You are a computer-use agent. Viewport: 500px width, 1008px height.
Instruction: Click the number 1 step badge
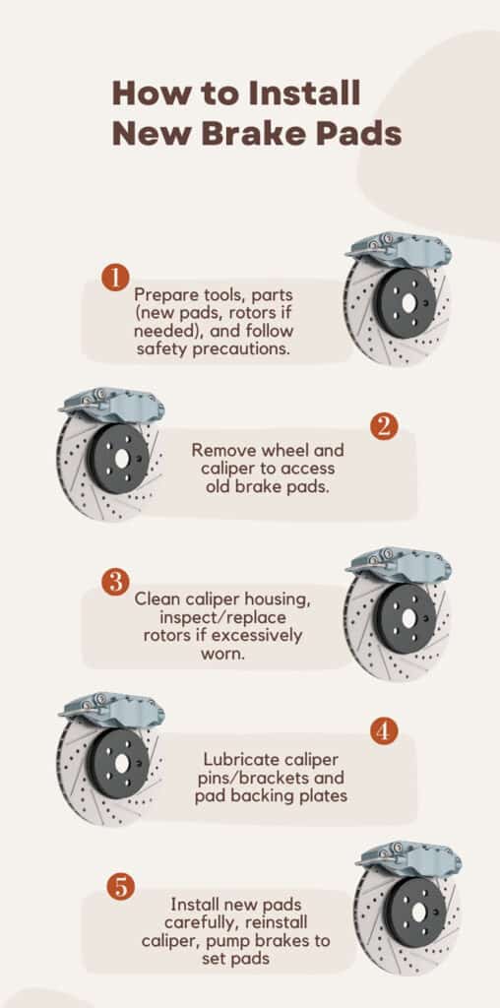tap(116, 277)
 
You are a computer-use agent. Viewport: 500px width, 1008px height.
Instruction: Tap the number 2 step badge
tap(384, 425)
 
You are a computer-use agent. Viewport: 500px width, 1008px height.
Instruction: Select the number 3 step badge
tap(115, 581)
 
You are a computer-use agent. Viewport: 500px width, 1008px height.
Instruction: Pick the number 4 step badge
tap(384, 731)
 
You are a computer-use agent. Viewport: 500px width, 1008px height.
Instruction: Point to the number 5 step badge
tap(121, 886)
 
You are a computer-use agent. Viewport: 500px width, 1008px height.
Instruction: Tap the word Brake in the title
tap(260, 133)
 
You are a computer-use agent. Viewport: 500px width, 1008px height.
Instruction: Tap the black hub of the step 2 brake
tap(118, 459)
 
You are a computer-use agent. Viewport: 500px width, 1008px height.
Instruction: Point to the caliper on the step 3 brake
tap(398, 565)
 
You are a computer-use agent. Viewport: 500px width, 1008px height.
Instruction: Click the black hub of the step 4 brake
tap(118, 763)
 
